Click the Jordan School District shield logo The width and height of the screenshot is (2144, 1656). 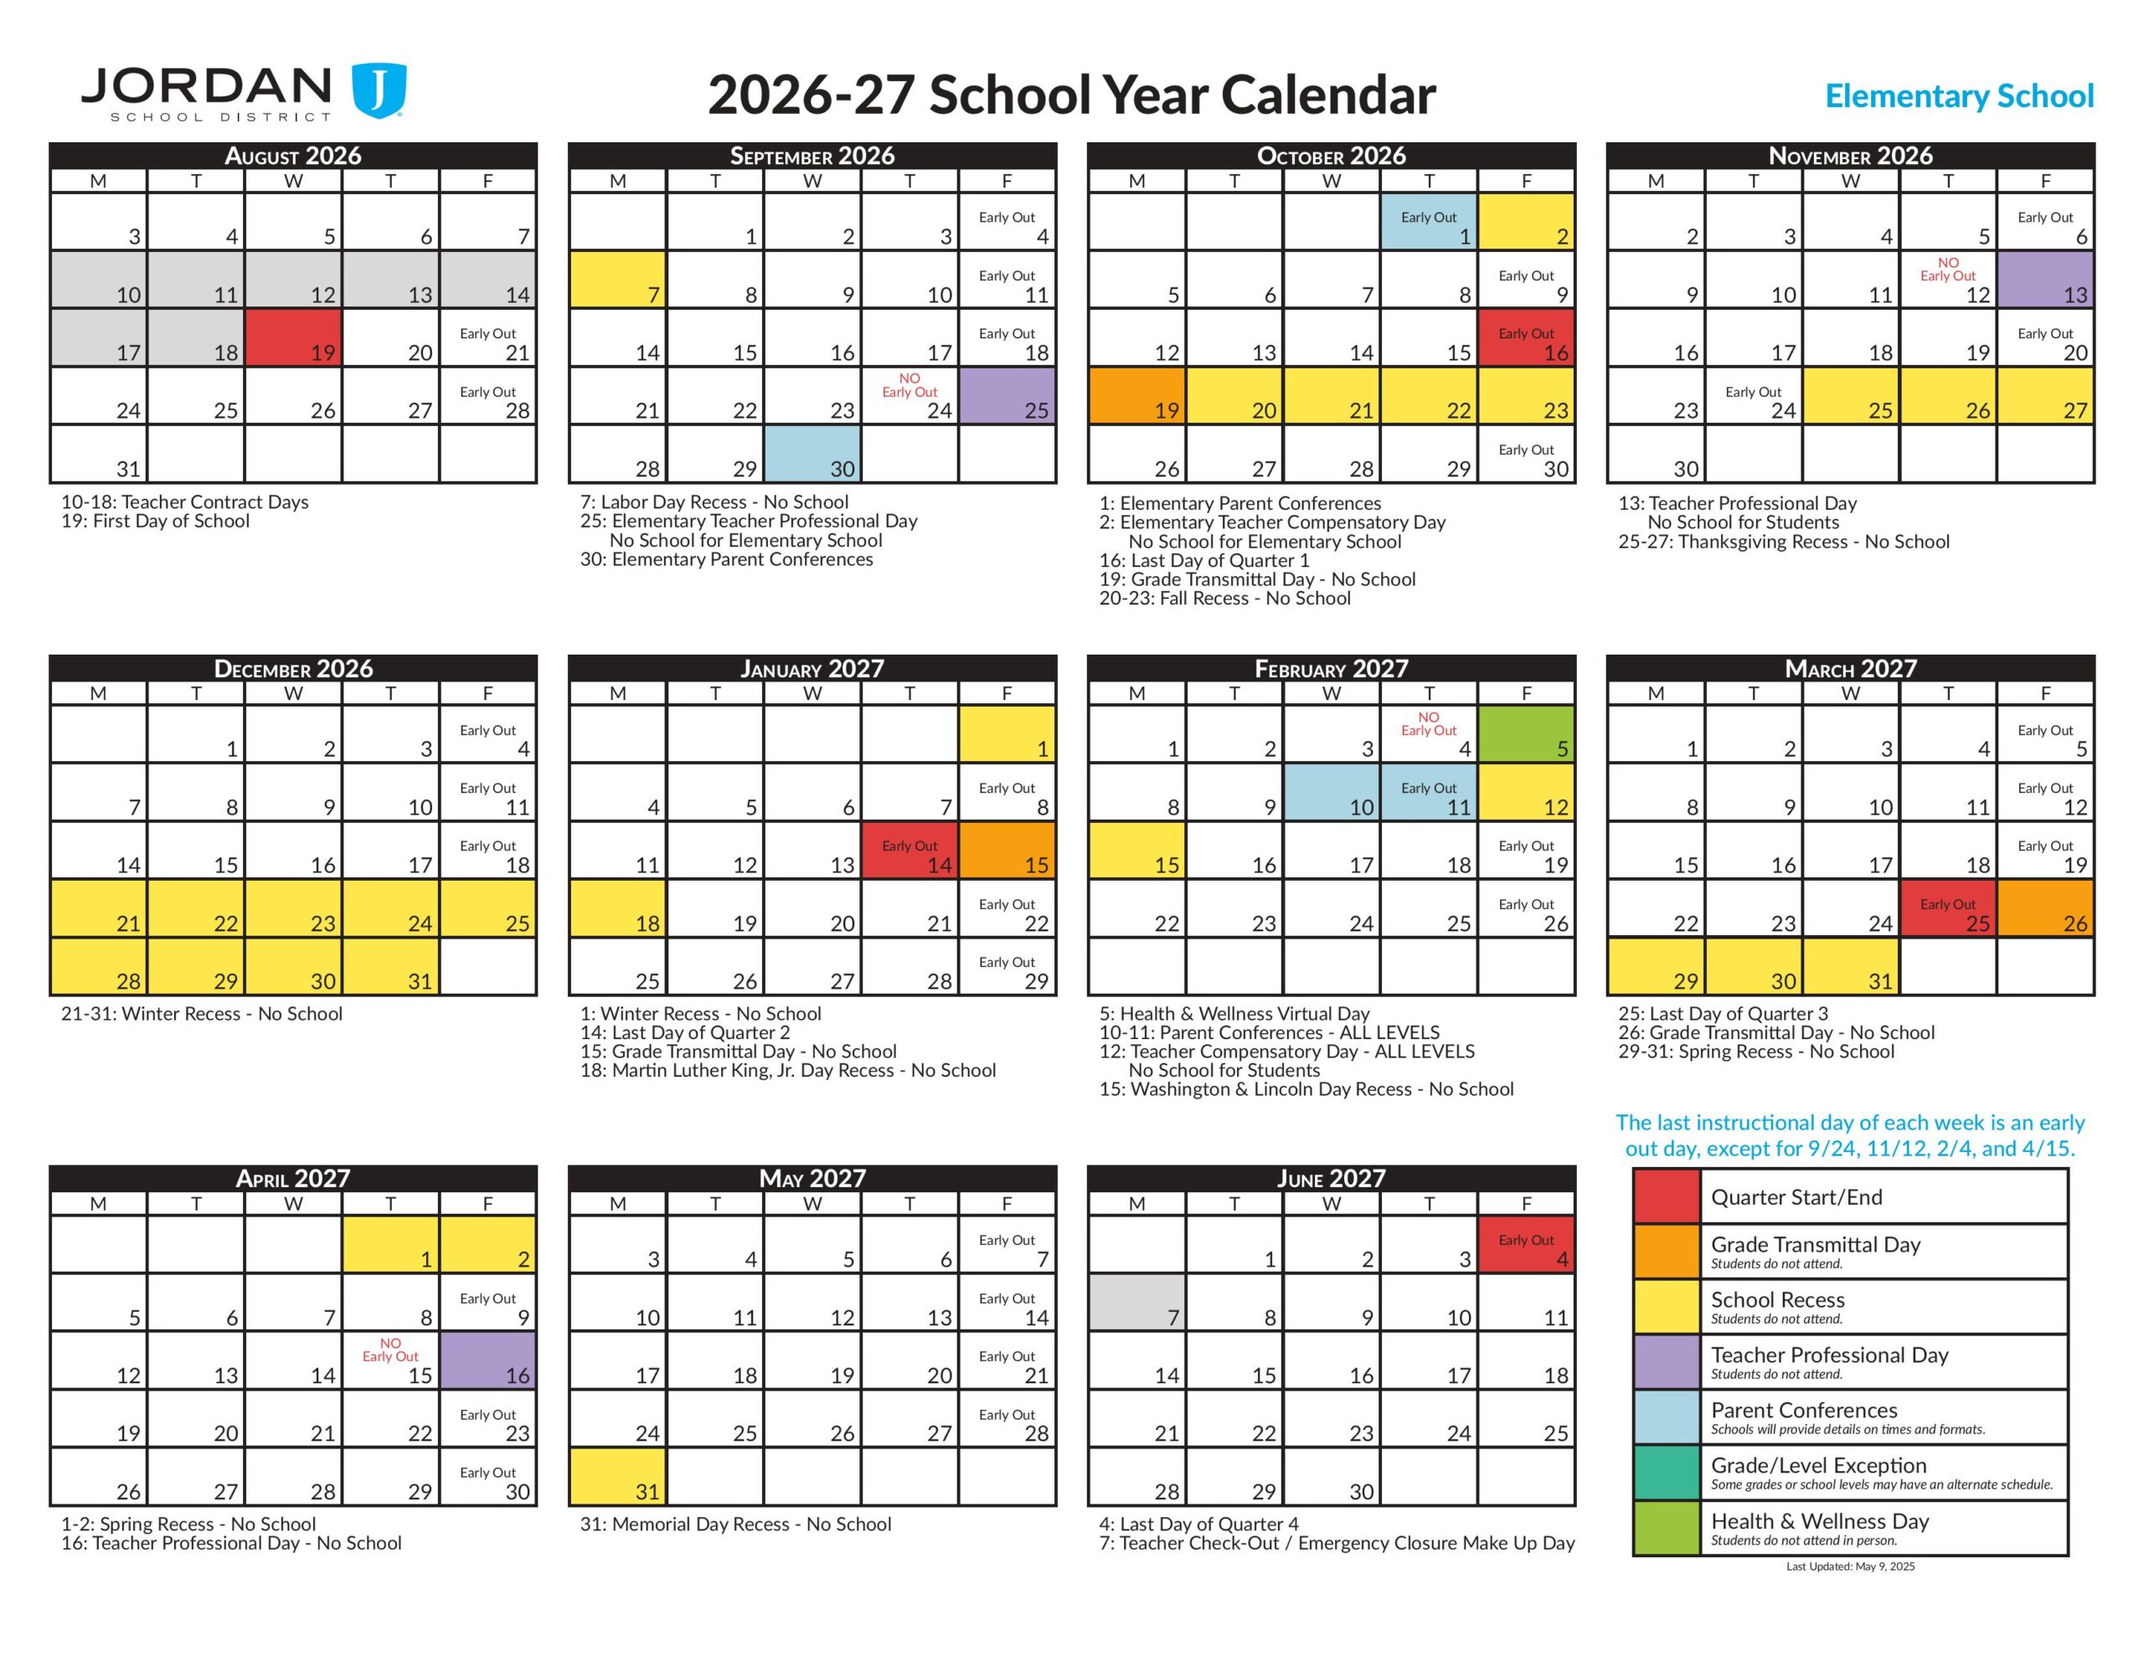pyautogui.click(x=379, y=91)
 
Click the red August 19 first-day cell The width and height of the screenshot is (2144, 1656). pyautogui.click(x=293, y=337)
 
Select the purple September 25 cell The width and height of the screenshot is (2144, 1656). pyautogui.click(x=1008, y=396)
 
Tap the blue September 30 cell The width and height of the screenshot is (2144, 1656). pyautogui.click(x=813, y=454)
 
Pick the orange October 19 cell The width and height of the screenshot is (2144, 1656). pyautogui.click(x=1136, y=396)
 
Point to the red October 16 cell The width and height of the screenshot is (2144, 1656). pyautogui.click(x=1527, y=337)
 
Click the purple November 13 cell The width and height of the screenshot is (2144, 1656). pyautogui.click(x=2046, y=280)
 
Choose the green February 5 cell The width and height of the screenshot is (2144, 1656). pyautogui.click(x=1527, y=733)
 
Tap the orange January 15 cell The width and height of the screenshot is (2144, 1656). pyautogui.click(x=1008, y=849)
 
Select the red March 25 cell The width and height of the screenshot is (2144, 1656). pyautogui.click(x=1949, y=908)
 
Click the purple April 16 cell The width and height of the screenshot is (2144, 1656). pyautogui.click(x=488, y=1360)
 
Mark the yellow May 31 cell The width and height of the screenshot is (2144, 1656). pyautogui.click(x=617, y=1476)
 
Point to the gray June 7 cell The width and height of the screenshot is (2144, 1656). pyautogui.click(x=1136, y=1302)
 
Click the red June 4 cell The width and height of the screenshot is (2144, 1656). pyautogui.click(x=1527, y=1244)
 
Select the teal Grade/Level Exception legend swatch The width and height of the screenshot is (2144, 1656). pyautogui.click(x=1666, y=1473)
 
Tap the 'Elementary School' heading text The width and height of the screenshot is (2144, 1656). pyautogui.click(x=1958, y=96)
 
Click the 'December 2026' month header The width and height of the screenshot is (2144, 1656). pyautogui.click(x=293, y=668)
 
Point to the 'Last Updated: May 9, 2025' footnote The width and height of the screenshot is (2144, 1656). pyautogui.click(x=1849, y=1566)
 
